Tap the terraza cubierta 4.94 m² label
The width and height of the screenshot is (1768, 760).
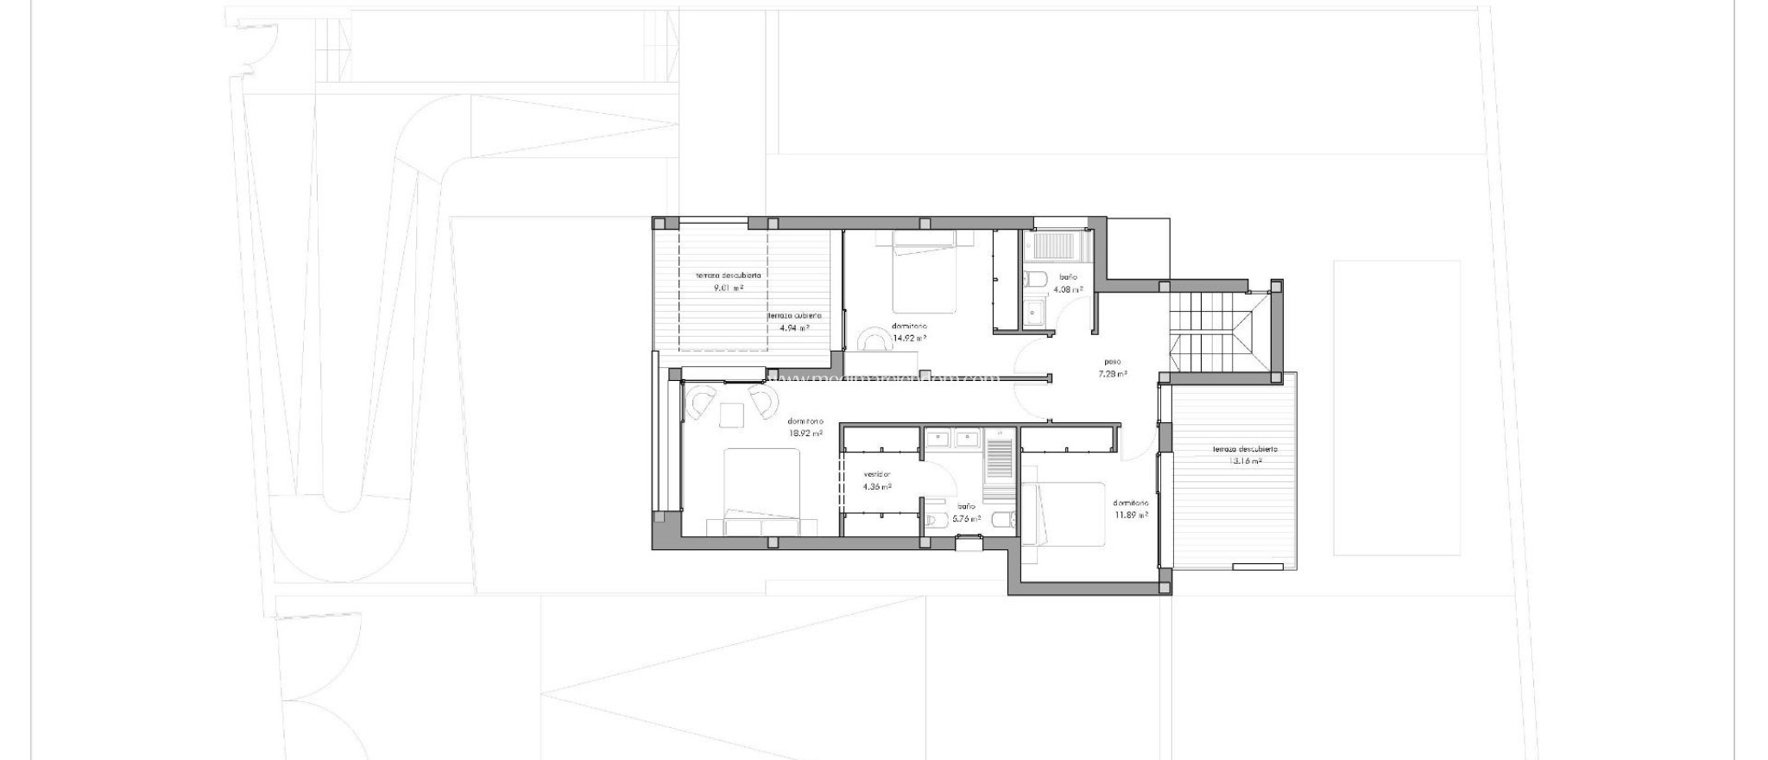coord(794,321)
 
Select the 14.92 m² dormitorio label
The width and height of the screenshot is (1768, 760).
coord(909,332)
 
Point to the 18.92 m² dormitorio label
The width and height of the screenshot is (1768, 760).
coord(805,427)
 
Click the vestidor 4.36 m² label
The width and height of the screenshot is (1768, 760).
coord(877,480)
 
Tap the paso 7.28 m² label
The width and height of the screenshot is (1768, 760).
coord(1113,368)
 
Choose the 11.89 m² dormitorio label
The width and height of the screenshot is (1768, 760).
coord(1130,509)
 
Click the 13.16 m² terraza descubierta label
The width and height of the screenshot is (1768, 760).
coord(1244,455)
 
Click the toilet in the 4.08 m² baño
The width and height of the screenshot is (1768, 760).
coord(1035,278)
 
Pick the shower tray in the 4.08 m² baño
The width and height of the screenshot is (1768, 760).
coord(1054,246)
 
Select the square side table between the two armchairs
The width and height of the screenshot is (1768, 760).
coord(732,415)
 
